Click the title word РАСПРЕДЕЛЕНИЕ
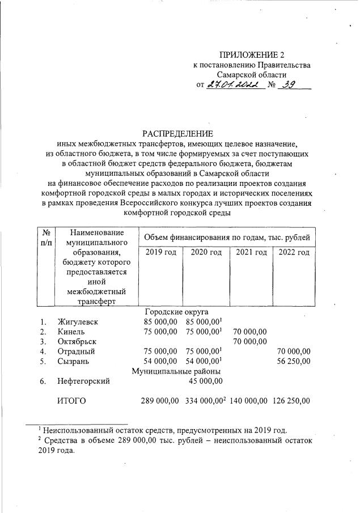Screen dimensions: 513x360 (x=180, y=134)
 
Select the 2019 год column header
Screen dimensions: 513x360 (x=160, y=252)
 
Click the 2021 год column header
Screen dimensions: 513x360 (x=251, y=252)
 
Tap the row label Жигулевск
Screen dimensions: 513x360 (x=78, y=322)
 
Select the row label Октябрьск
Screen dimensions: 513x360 (x=77, y=341)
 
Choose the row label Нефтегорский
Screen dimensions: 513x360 (x=84, y=381)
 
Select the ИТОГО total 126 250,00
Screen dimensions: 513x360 (x=291, y=401)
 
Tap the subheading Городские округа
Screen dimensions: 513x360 (x=176, y=312)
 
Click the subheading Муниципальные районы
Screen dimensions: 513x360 (x=176, y=371)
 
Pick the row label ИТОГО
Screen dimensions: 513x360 (x=71, y=401)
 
